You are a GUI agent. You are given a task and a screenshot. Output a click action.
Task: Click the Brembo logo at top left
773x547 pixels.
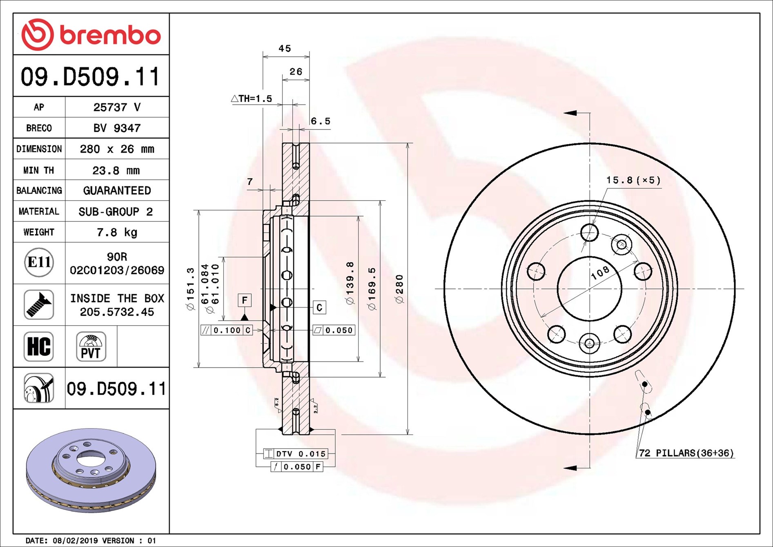click(91, 35)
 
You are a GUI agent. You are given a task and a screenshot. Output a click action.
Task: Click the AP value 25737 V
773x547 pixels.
click(117, 107)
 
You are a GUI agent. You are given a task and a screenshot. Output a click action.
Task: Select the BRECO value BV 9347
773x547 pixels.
click(117, 128)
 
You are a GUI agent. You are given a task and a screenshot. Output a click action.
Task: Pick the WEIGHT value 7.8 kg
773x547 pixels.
click(117, 232)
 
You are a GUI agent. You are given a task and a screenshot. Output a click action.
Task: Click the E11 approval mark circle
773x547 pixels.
click(39, 262)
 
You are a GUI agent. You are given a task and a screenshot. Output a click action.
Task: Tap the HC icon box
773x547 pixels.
click(39, 346)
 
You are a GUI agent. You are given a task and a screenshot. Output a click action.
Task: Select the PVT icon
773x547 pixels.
click(91, 346)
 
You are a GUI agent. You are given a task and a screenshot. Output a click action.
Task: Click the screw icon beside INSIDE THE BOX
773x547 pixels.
click(39, 305)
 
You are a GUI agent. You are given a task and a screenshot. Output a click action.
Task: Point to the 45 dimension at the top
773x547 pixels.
click(285, 49)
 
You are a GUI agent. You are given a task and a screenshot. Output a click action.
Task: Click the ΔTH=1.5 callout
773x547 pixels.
click(252, 98)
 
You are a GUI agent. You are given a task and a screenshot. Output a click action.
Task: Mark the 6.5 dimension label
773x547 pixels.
click(321, 121)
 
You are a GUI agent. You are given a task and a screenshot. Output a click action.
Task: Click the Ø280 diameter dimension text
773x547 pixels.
click(399, 289)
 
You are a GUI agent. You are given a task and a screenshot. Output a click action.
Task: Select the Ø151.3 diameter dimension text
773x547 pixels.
click(190, 289)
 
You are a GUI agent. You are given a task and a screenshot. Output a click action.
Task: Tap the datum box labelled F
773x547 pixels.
click(245, 300)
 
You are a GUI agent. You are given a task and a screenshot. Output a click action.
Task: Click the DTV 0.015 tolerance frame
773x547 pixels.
click(296, 454)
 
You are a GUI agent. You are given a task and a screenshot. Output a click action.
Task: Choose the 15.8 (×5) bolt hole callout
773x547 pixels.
click(633, 180)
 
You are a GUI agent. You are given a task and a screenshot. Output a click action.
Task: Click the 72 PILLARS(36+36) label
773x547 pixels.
click(686, 453)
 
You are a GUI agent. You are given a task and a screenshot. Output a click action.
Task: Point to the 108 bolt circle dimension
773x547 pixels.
click(600, 272)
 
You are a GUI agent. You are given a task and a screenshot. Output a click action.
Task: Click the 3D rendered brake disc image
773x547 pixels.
click(91, 470)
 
